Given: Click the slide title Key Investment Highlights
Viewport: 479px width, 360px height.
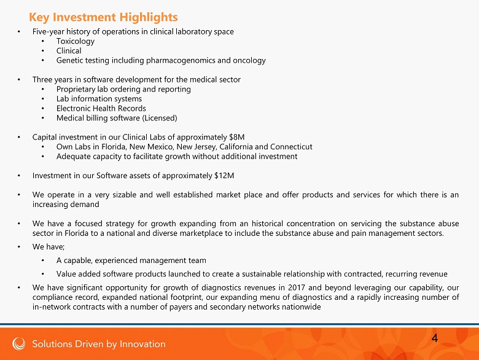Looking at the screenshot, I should [x=103, y=17].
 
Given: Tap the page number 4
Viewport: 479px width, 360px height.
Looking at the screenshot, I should [x=435, y=338].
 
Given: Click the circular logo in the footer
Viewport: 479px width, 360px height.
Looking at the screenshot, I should [x=18, y=343].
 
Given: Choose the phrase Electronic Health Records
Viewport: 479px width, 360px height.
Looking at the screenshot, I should [x=101, y=108].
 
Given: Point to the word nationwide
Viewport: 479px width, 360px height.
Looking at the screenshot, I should [x=300, y=307].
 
